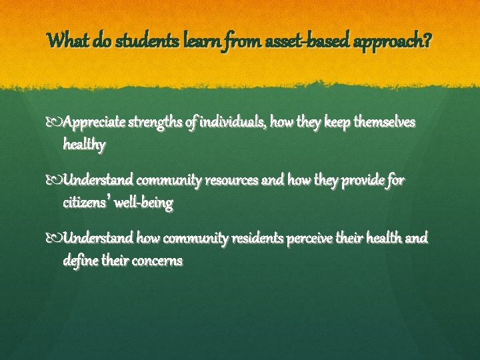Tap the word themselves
pos(379,123)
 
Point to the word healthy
pos(85,144)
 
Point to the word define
pos(80,260)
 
